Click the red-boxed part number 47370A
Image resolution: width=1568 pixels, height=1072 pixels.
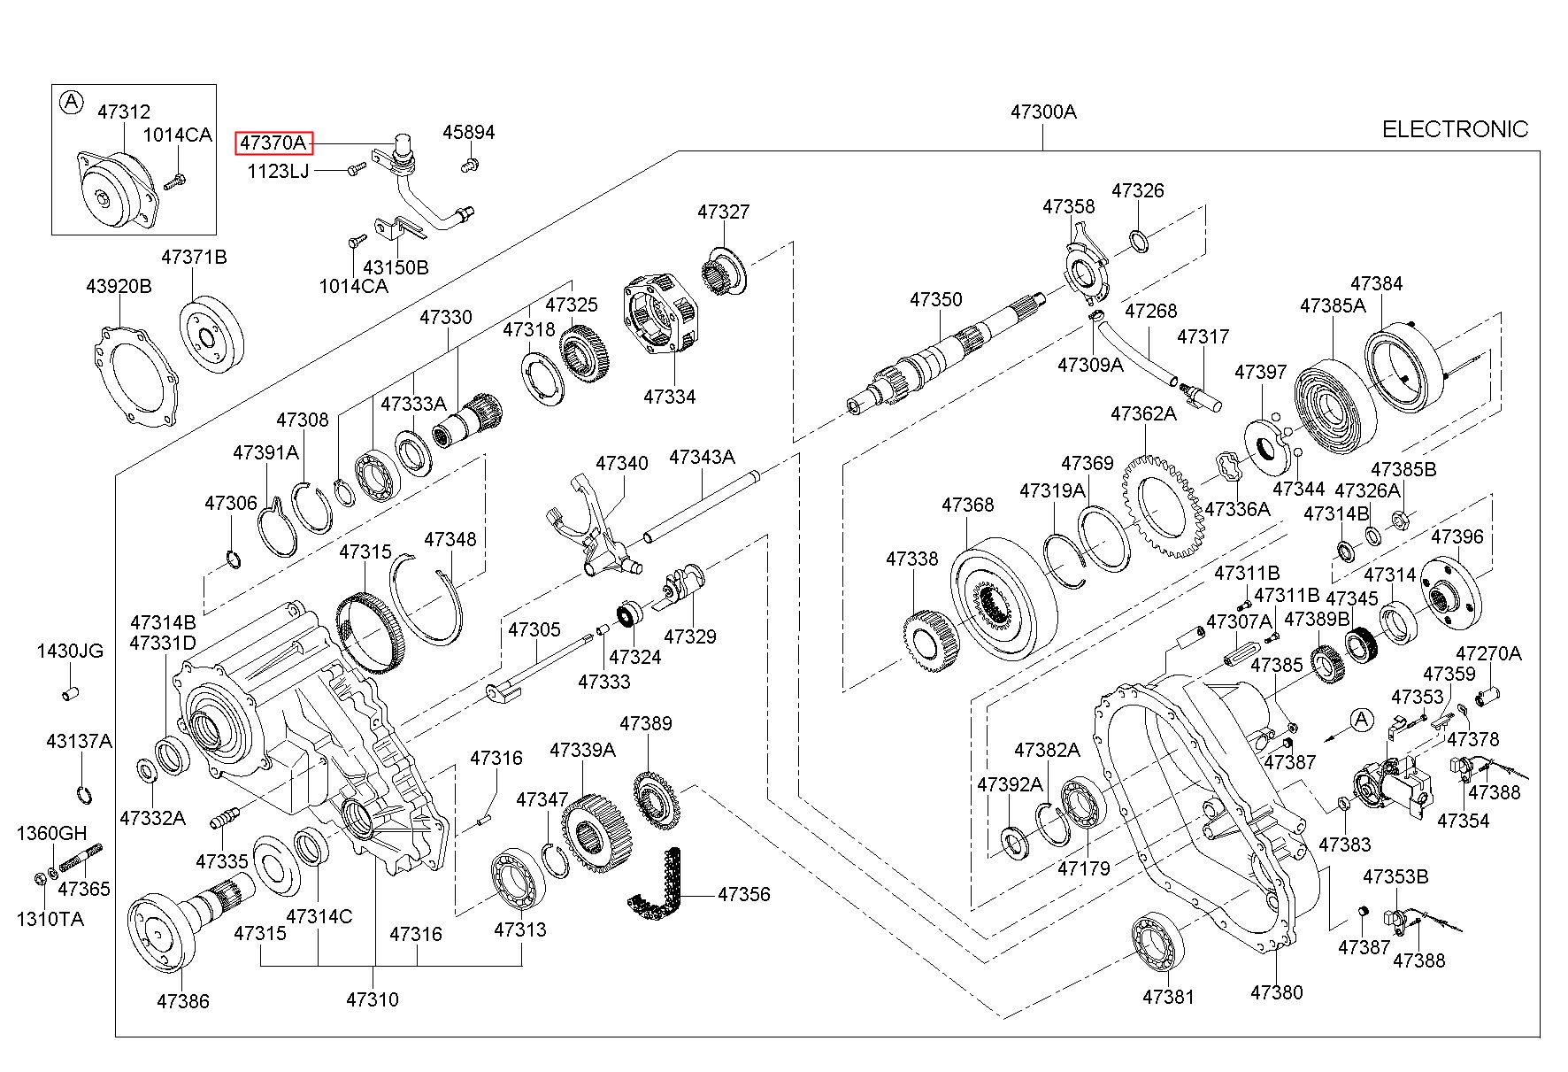click(273, 143)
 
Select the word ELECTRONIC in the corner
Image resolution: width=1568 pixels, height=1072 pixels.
click(1455, 130)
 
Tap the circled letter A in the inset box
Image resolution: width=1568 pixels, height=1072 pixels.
click(70, 103)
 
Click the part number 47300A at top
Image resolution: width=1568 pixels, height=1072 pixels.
click(1043, 112)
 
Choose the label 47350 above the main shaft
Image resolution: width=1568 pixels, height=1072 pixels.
click(935, 299)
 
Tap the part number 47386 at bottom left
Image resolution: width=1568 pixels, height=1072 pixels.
click(183, 1001)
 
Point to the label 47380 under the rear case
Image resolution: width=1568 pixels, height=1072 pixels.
click(1276, 992)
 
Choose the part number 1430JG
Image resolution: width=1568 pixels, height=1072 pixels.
click(70, 651)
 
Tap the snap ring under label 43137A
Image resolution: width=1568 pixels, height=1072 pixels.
click(83, 794)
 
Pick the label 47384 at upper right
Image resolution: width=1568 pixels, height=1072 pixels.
click(1376, 283)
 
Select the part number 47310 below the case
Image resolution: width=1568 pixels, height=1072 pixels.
click(372, 999)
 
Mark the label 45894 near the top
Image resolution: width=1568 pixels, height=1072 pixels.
click(468, 133)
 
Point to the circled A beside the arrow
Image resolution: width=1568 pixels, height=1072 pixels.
click(1362, 720)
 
